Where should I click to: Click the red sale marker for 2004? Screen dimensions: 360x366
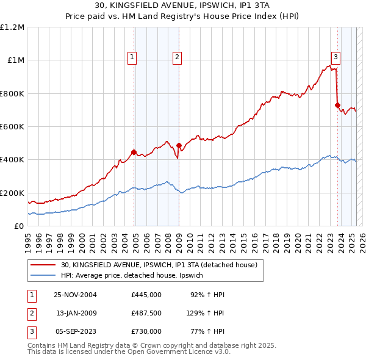134,153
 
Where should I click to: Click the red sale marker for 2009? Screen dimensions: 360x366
179,145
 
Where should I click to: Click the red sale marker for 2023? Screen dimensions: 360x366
337,105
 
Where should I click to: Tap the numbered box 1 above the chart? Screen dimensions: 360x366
132,57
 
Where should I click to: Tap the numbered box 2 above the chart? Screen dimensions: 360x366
177,57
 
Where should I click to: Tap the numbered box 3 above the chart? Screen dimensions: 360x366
335,57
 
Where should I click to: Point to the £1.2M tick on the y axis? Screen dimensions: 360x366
12,27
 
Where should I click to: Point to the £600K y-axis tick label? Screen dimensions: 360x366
12,127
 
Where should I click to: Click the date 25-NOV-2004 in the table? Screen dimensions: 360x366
76,295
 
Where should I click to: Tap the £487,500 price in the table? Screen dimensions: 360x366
146,313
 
